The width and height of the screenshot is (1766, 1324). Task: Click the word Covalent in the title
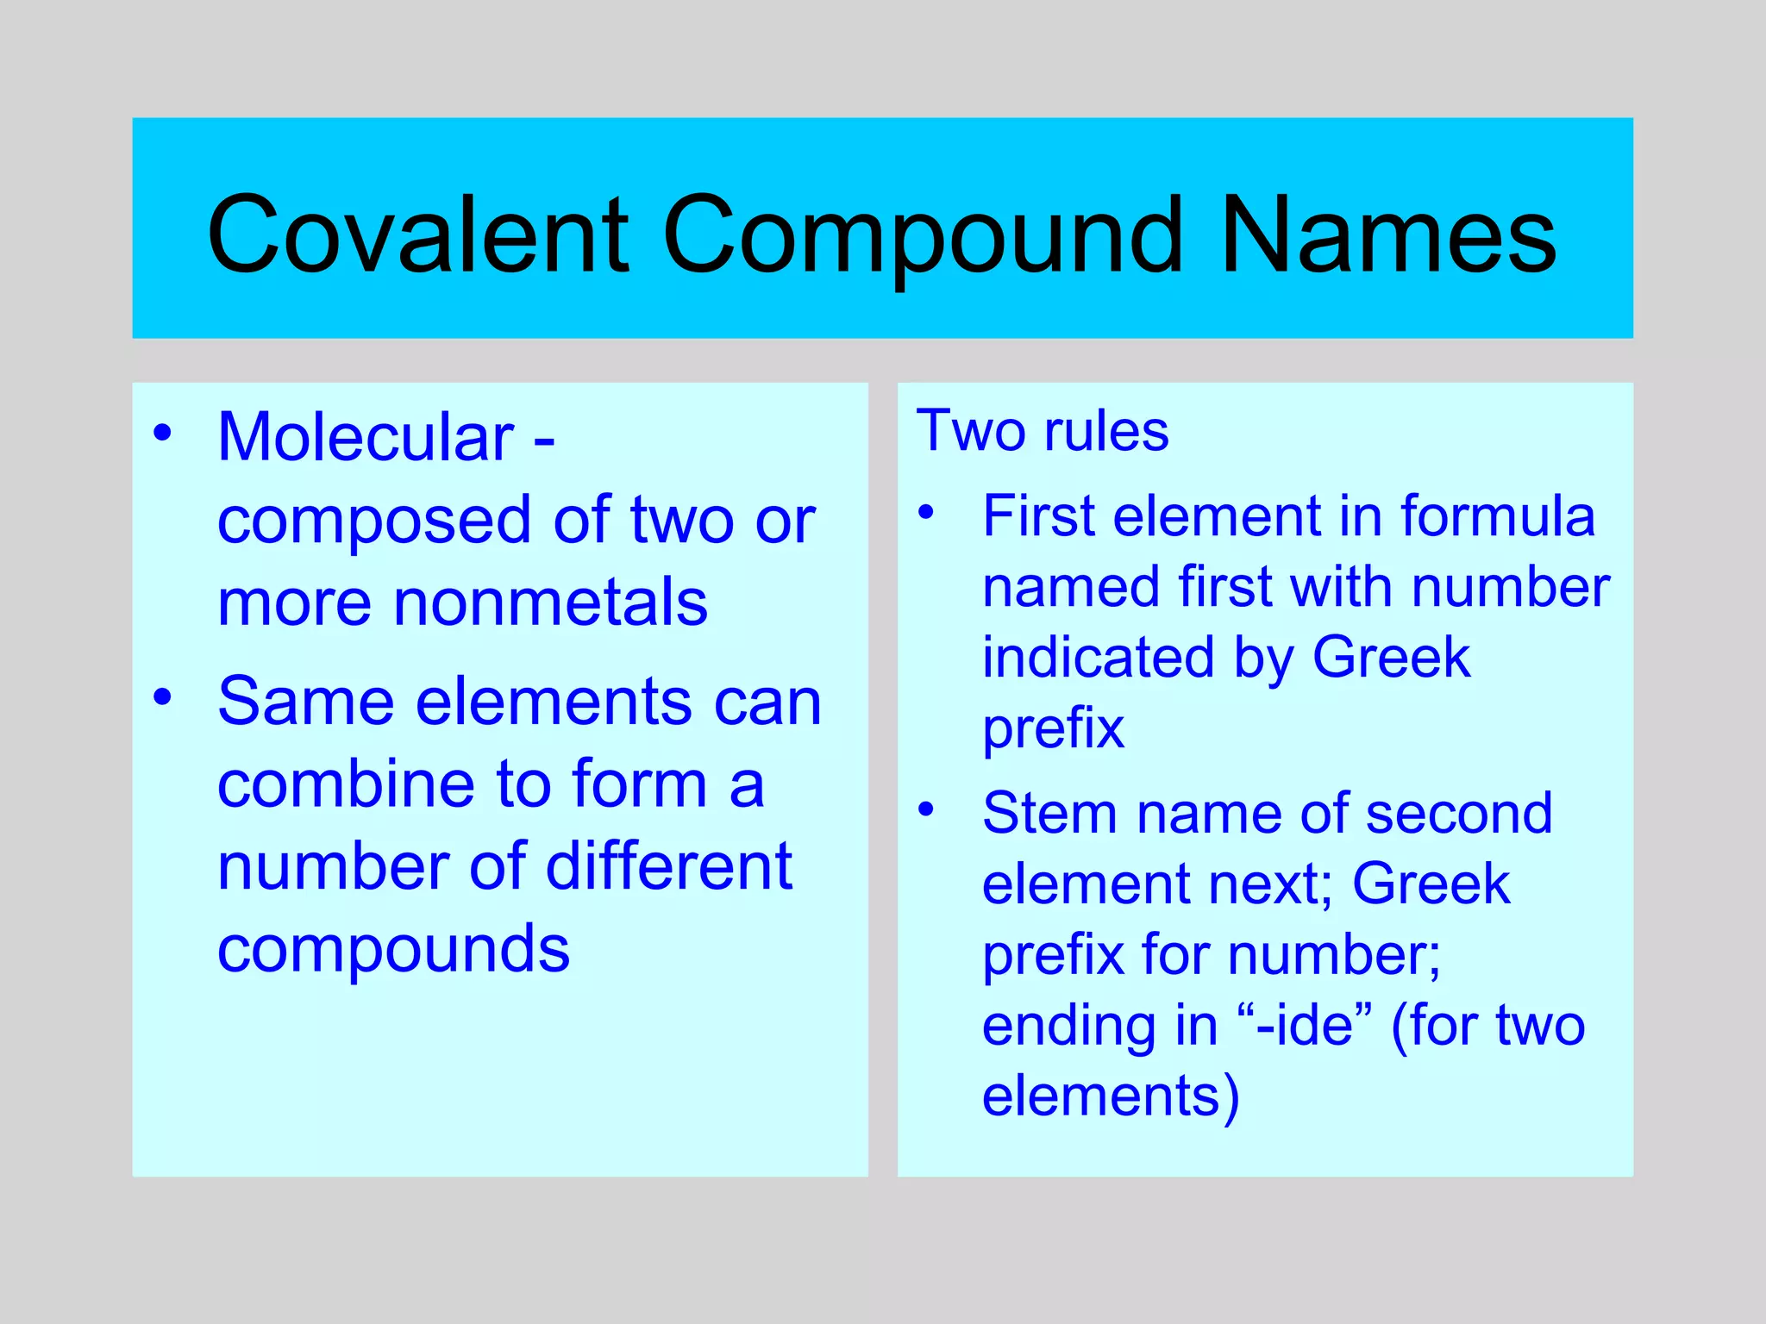tap(418, 234)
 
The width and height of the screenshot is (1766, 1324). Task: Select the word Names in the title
tap(1388, 234)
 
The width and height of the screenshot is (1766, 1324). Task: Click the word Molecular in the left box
tap(366, 437)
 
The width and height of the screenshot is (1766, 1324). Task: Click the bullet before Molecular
tap(162, 432)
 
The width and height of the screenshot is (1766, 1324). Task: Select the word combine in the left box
tap(345, 784)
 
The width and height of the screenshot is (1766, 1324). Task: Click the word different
tap(668, 866)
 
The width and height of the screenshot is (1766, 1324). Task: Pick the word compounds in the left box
tap(393, 949)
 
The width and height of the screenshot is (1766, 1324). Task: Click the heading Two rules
tap(1042, 430)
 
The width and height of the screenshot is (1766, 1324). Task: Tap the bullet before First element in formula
tap(926, 512)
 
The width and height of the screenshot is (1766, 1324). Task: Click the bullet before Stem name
tap(926, 809)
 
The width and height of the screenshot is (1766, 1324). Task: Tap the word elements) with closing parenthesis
tap(1111, 1096)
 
